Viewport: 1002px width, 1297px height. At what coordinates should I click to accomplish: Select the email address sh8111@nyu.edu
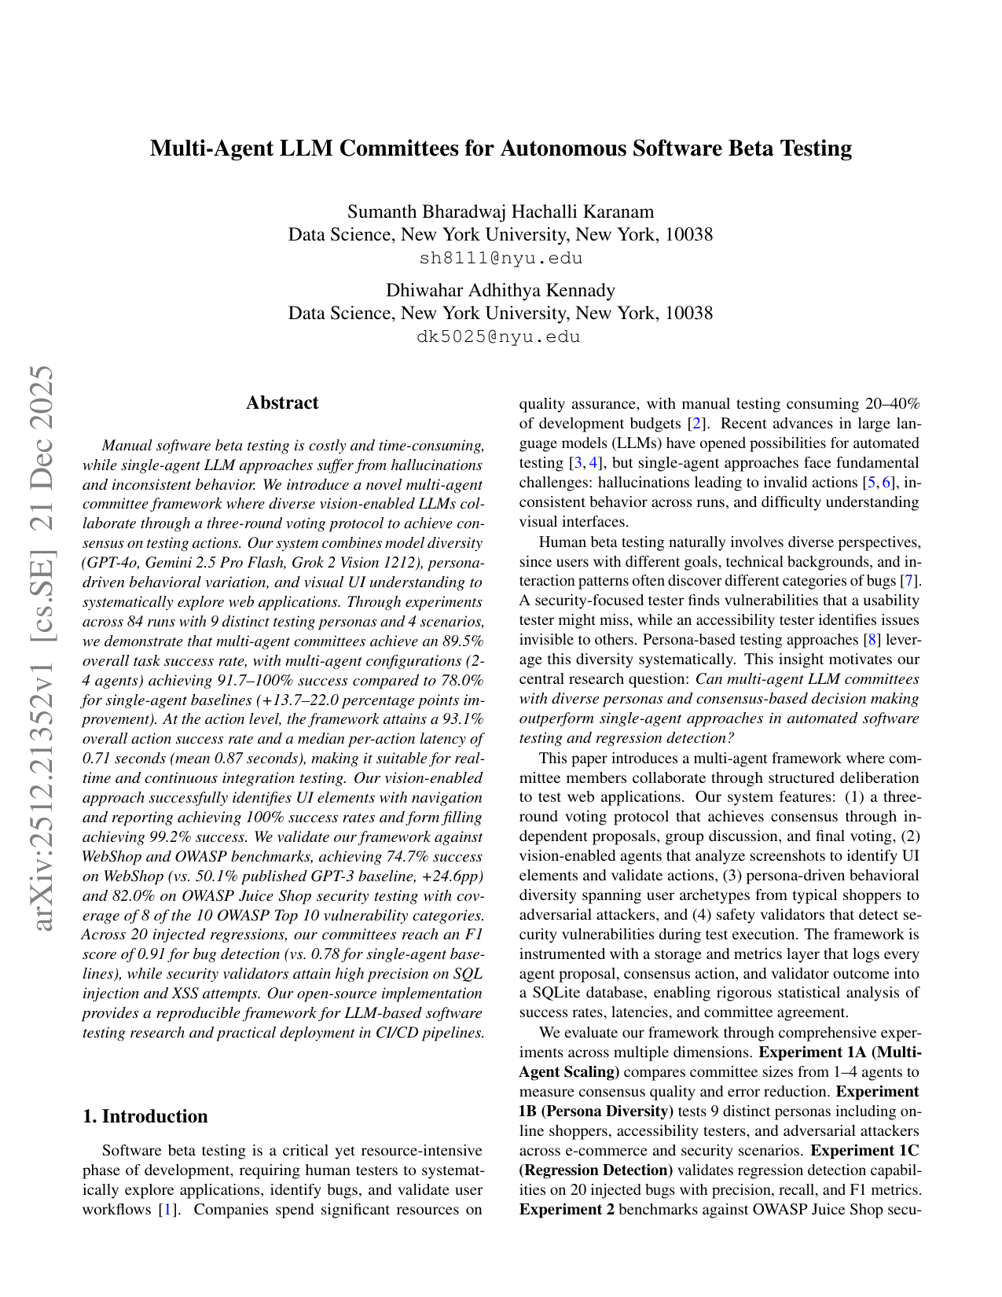coord(501,259)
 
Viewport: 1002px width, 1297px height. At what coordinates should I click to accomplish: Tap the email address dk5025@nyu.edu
coord(501,337)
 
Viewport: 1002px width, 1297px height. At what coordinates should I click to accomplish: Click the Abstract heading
coord(282,402)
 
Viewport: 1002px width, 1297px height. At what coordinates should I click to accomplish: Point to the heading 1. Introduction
coord(145,1116)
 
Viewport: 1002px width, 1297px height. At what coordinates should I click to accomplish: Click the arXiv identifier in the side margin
coord(43,648)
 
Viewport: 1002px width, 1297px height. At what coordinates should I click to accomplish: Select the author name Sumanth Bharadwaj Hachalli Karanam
coord(501,211)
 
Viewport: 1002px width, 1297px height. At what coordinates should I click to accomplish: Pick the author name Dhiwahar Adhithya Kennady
coord(501,290)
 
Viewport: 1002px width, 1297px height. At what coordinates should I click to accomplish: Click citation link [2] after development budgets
coord(696,424)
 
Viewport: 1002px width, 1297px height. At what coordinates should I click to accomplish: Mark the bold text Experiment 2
coord(567,1210)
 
